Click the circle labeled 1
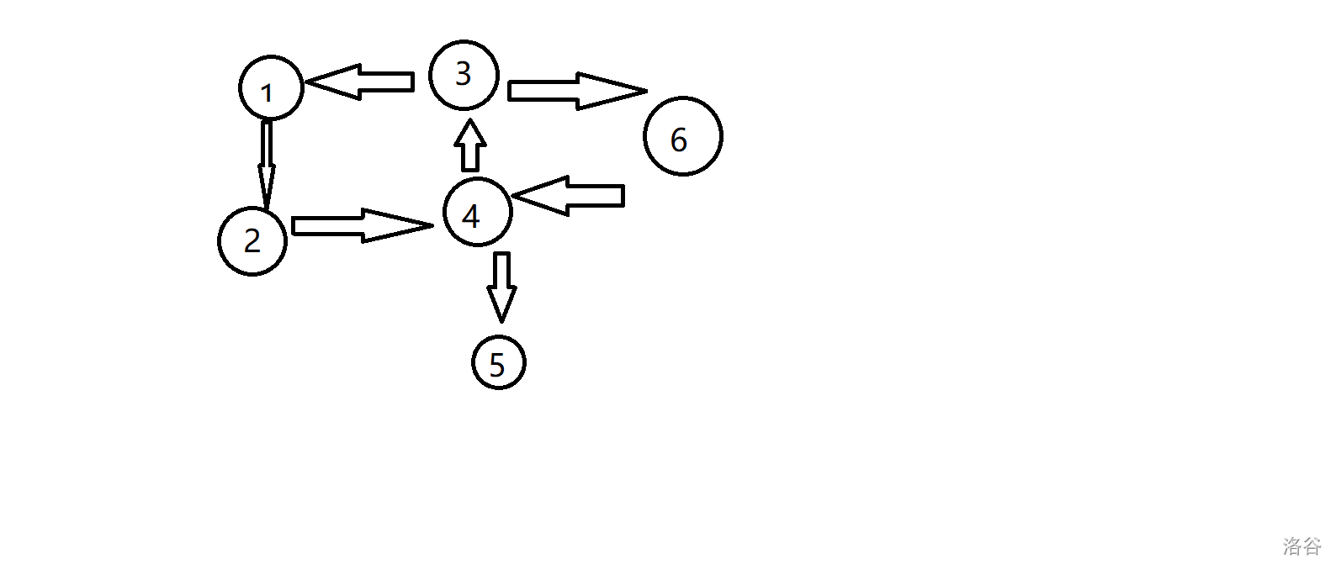tap(271, 88)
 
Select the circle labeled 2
tap(252, 240)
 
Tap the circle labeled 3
tap(464, 75)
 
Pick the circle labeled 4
tap(477, 213)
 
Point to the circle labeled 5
tap(498, 363)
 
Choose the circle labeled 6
tap(682, 136)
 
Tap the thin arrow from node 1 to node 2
tap(267, 164)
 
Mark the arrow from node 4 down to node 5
tap(501, 286)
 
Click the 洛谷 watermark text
tap(1301, 546)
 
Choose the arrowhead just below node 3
tap(471, 132)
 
